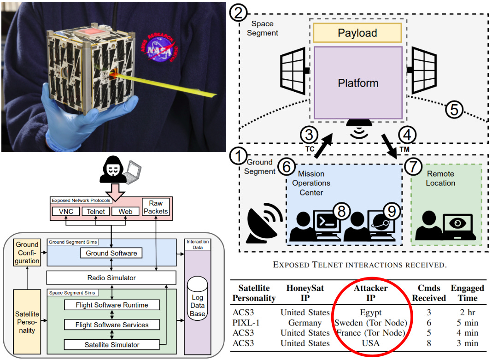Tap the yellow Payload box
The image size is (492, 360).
[x=357, y=33]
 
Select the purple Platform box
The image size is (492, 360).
[x=358, y=83]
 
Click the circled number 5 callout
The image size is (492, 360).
[x=454, y=110]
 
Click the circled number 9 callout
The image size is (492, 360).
[x=391, y=211]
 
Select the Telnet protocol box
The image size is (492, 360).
[x=96, y=212]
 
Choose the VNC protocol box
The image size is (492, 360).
[x=67, y=212]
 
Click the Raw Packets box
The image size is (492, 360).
[x=156, y=207]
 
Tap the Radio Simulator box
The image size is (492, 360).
[x=111, y=277]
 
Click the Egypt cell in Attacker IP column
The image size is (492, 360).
[x=371, y=313]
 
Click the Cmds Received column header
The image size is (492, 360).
[x=428, y=293]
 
